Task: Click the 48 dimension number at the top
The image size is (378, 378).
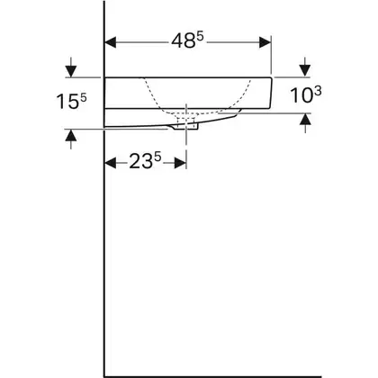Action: pos(184,40)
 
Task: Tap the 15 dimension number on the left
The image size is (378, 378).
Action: pos(67,102)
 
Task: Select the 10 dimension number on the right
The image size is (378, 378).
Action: pos(301,96)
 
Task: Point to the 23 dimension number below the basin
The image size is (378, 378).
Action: pos(141,162)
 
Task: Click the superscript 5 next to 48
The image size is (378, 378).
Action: pos(201,37)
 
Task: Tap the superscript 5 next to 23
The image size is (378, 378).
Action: pos(157,157)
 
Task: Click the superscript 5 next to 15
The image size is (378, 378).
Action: pos(83,98)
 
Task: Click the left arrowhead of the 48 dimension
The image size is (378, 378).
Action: pos(110,42)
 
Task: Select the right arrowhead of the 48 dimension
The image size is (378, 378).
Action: pos(265,42)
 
